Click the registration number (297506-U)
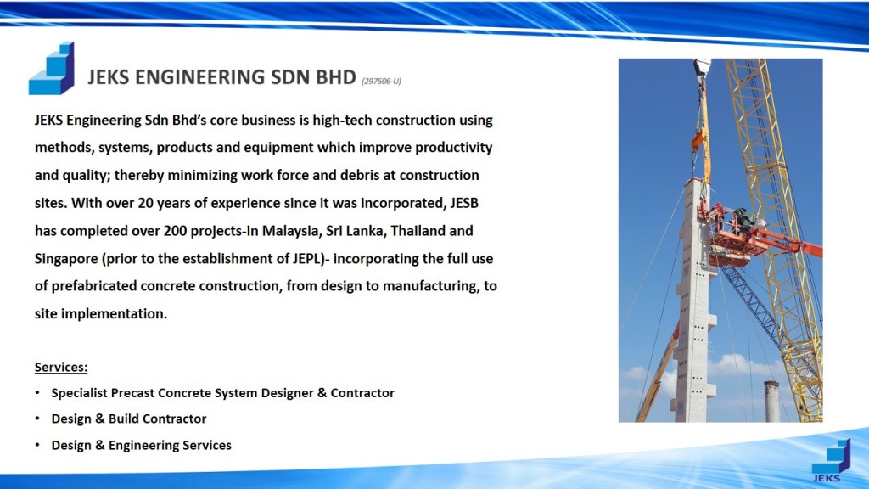point(381,81)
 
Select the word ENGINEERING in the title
point(199,77)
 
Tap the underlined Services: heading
point(61,367)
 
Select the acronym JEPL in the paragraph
point(306,258)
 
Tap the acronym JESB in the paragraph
point(464,203)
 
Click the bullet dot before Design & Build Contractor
point(37,419)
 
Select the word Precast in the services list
point(132,393)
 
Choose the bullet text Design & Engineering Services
point(142,445)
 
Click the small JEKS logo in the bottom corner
point(830,460)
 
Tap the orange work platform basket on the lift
point(736,236)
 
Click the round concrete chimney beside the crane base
point(771,402)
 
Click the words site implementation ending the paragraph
point(100,314)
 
